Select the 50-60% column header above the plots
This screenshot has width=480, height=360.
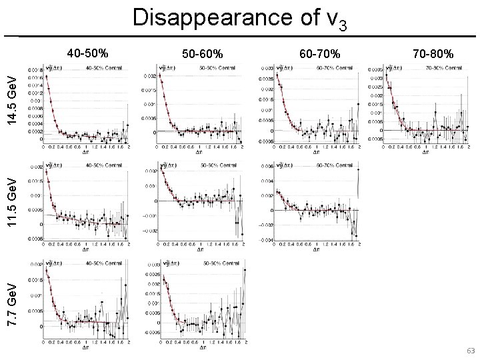pyautogui.click(x=203, y=53)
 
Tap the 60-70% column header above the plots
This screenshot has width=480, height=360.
pyautogui.click(x=321, y=53)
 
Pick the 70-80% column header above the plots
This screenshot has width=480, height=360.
pyautogui.click(x=433, y=53)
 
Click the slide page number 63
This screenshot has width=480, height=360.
pyautogui.click(x=470, y=351)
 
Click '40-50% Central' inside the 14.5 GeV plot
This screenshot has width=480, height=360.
pyautogui.click(x=104, y=67)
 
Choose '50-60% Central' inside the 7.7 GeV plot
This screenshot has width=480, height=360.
pyautogui.click(x=219, y=262)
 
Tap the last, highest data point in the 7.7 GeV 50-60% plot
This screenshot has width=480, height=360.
pyautogui.click(x=245, y=269)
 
